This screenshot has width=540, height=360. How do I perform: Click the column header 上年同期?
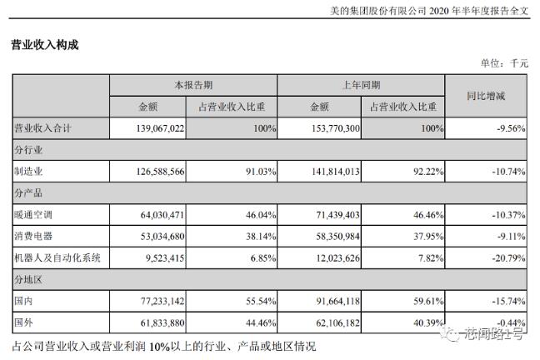pyautogui.click(x=359, y=85)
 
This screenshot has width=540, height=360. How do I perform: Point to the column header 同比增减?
pyautogui.click(x=486, y=96)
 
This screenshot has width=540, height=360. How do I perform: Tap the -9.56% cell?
pyautogui.click(x=507, y=129)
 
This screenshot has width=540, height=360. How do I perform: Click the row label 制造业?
pyautogui.click(x=30, y=172)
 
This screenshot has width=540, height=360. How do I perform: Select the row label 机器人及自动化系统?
pyautogui.click(x=58, y=258)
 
